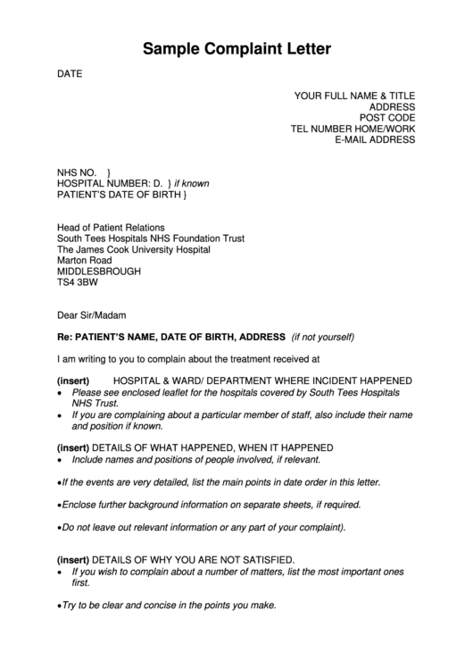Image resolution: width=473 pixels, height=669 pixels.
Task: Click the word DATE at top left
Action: pyautogui.click(x=70, y=74)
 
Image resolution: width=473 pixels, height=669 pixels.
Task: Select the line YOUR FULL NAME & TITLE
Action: pyautogui.click(x=354, y=96)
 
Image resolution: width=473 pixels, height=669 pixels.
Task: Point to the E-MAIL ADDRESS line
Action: pyautogui.click(x=375, y=139)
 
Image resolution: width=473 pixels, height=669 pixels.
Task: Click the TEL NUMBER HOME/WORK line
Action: pyautogui.click(x=353, y=129)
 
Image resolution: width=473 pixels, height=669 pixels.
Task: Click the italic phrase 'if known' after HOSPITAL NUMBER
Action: pyautogui.click(x=191, y=183)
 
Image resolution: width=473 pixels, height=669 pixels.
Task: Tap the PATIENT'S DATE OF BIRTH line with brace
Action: pyautogui.click(x=121, y=194)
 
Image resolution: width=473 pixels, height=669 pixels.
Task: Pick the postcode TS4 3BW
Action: pyautogui.click(x=78, y=281)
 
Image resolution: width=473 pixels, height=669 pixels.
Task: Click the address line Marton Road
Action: pyautogui.click(x=86, y=260)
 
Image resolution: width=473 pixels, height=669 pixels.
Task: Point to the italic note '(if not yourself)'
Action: pyautogui.click(x=322, y=337)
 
